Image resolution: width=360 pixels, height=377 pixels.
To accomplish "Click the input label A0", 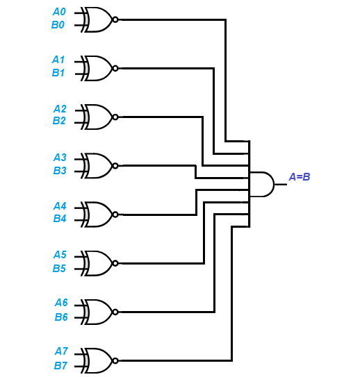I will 60,12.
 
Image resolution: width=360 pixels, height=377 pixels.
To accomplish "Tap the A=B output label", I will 300,177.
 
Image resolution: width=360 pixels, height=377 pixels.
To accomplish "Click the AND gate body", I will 261,184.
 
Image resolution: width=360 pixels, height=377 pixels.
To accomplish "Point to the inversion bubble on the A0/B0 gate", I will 115,19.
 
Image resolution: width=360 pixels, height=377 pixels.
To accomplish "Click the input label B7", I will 60,365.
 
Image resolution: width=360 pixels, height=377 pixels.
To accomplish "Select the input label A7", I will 60,352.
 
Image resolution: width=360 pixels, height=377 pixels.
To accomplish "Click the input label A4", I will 60,206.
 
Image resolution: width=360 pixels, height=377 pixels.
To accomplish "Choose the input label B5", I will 60,268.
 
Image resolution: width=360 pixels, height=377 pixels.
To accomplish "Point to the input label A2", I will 60,109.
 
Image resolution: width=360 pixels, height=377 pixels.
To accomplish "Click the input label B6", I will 61,317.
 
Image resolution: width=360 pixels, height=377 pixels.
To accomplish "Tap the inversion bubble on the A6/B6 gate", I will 115,312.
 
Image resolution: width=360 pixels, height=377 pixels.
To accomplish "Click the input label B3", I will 60,170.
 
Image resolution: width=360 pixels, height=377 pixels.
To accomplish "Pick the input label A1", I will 60,60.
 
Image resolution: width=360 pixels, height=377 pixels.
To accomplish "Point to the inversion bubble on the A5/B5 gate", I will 115,263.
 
